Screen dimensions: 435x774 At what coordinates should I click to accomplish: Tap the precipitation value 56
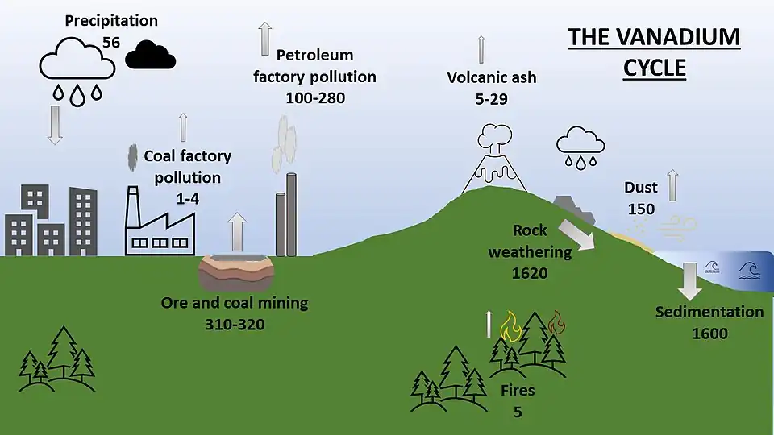pos(111,39)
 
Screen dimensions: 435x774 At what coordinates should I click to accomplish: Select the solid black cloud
pos(151,55)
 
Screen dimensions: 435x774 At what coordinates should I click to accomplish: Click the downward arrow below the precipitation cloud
pos(55,126)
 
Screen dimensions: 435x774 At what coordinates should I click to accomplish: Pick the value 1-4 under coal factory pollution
pos(187,197)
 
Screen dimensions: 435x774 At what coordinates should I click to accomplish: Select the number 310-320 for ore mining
pos(234,324)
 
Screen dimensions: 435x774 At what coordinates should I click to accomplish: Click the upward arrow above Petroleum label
pos(264,37)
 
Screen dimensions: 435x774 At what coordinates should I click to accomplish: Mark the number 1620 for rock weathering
pos(530,272)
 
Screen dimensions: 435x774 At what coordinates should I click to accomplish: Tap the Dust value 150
pos(641,209)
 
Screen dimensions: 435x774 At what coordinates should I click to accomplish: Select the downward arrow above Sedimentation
pos(690,280)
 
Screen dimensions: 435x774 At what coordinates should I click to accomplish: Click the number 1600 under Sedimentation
pos(709,333)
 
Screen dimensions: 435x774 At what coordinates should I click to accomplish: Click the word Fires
pos(518,391)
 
